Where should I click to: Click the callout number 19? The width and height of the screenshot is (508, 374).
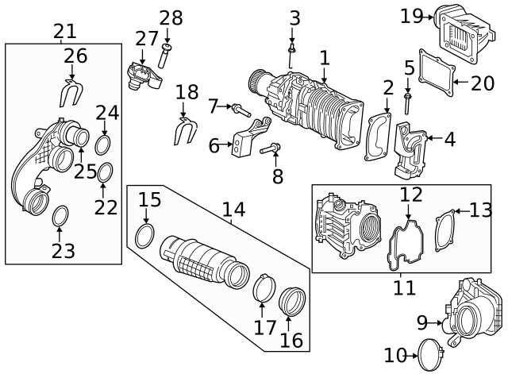[413, 15]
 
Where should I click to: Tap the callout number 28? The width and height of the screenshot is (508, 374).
[171, 18]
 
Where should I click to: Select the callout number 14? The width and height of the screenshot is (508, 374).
[233, 210]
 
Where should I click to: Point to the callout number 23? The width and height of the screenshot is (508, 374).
[63, 251]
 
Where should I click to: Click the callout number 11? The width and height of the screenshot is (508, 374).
[404, 287]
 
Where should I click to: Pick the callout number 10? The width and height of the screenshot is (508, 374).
[395, 354]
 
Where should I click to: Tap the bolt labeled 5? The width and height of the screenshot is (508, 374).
[408, 101]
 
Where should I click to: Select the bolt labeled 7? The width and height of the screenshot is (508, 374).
[238, 107]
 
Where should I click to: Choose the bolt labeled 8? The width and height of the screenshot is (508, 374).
[270, 147]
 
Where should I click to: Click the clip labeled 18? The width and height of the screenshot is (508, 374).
[184, 132]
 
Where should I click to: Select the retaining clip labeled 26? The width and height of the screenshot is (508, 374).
[71, 94]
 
